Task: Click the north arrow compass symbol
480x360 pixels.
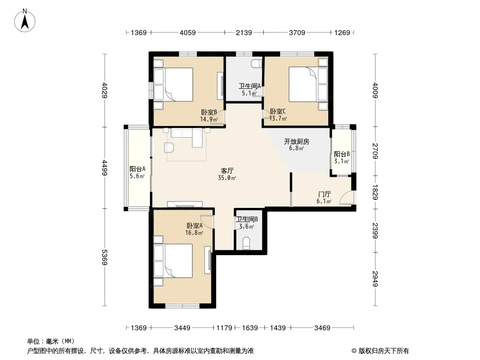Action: tap(25, 20)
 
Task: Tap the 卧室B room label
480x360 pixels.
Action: tap(209, 112)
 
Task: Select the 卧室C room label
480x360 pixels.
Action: tap(278, 111)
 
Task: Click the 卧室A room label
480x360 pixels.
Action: tap(195, 226)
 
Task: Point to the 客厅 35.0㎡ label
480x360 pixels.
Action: tap(227, 174)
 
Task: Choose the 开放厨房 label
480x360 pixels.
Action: tap(296, 142)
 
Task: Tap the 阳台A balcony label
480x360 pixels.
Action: tap(137, 169)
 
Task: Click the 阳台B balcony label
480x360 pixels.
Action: tap(342, 154)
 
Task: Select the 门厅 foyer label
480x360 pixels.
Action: tap(325, 194)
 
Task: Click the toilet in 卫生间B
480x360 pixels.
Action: tap(246, 243)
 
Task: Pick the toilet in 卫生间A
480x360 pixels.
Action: tap(257, 63)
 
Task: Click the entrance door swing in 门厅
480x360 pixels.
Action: tap(347, 197)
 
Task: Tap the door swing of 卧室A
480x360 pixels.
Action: tap(207, 222)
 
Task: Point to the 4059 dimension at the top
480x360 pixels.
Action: tap(188, 32)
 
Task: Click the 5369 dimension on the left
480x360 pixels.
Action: tap(105, 257)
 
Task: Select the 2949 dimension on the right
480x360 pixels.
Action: tap(375, 279)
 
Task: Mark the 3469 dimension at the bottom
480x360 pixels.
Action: tap(322, 328)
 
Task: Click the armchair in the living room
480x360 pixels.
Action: tap(169, 148)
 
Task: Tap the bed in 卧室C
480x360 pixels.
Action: tap(308, 85)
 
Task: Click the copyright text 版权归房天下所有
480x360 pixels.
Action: tap(384, 351)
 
